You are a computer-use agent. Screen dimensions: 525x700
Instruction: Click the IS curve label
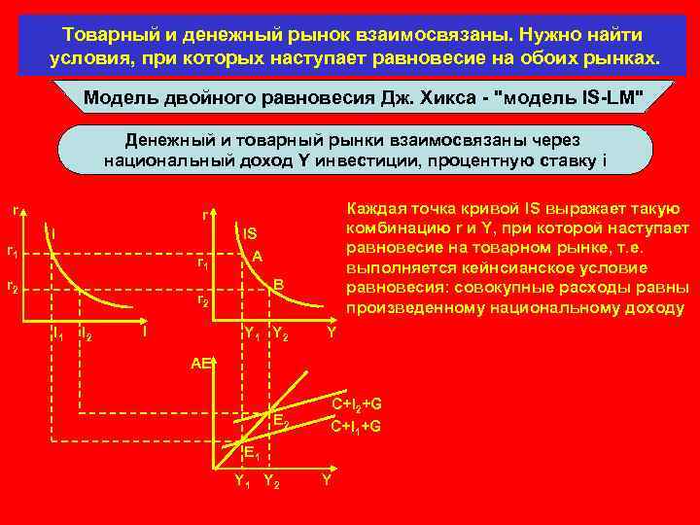pyautogui.click(x=250, y=233)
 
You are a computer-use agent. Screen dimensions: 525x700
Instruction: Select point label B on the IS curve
pyautogui.click(x=277, y=283)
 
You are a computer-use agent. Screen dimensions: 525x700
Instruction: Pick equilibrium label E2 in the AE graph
pyautogui.click(x=280, y=421)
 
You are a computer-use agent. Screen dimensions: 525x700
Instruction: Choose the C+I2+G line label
pyautogui.click(x=357, y=404)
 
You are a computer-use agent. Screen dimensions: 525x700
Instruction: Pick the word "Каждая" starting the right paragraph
pyautogui.click(x=374, y=209)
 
